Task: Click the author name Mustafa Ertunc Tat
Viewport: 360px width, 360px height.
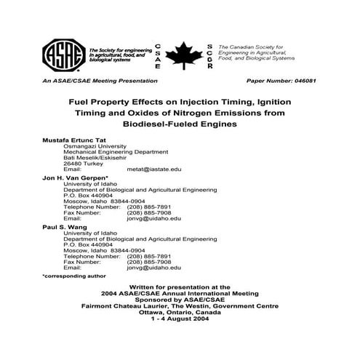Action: [x=75, y=138]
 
